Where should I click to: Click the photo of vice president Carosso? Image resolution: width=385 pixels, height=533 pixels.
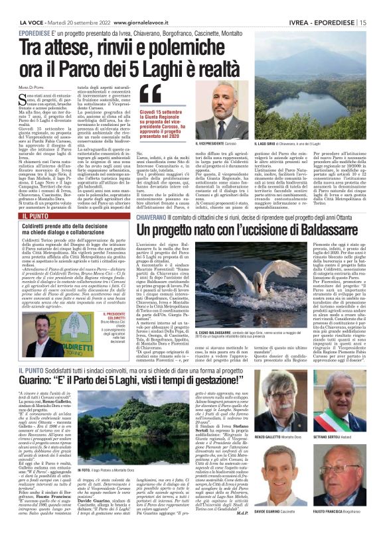234,111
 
